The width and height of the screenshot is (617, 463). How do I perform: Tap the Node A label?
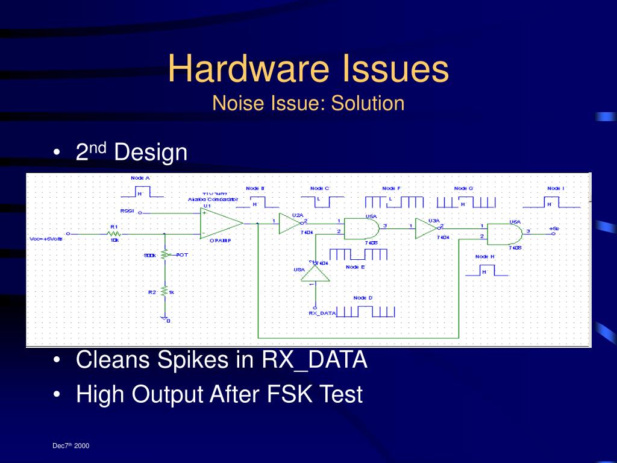[x=140, y=178]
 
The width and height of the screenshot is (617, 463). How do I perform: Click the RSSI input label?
[x=127, y=211]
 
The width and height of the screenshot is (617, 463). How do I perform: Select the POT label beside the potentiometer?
[x=182, y=255]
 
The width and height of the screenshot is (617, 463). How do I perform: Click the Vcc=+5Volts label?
[x=46, y=239]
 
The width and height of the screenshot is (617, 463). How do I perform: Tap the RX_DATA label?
[x=321, y=313]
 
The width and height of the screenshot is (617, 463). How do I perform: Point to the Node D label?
[x=363, y=298]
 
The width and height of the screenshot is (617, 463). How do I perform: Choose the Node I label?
[x=556, y=189]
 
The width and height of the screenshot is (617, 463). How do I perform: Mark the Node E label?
[x=355, y=266]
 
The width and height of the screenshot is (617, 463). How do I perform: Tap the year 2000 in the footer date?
[x=82, y=446]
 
